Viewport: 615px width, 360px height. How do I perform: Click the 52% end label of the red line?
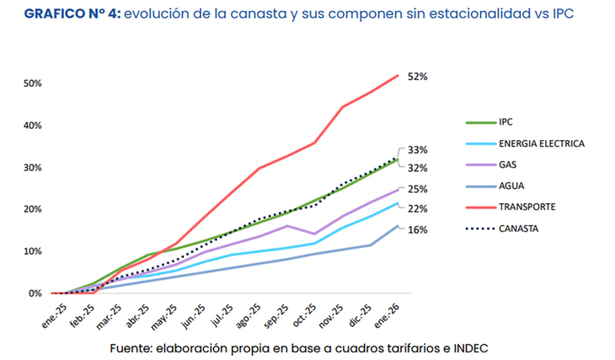pyautogui.click(x=419, y=76)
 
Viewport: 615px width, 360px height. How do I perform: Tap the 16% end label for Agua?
pyautogui.click(x=419, y=229)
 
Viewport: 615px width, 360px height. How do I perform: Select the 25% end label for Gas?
pyautogui.click(x=419, y=190)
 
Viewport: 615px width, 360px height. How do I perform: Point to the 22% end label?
pyautogui.click(x=419, y=209)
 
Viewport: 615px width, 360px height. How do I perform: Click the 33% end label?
pyautogui.click(x=419, y=149)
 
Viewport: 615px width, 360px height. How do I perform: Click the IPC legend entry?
pyautogui.click(x=505, y=121)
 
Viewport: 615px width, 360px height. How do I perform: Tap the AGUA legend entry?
pyautogui.click(x=511, y=185)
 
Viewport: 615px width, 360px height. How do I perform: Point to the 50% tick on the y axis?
pyautogui.click(x=32, y=83)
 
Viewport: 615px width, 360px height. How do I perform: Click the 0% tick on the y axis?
pyautogui.click(x=35, y=293)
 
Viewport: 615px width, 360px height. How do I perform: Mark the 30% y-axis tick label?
pyautogui.click(x=32, y=168)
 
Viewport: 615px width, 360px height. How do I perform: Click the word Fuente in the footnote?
pyautogui.click(x=133, y=348)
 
